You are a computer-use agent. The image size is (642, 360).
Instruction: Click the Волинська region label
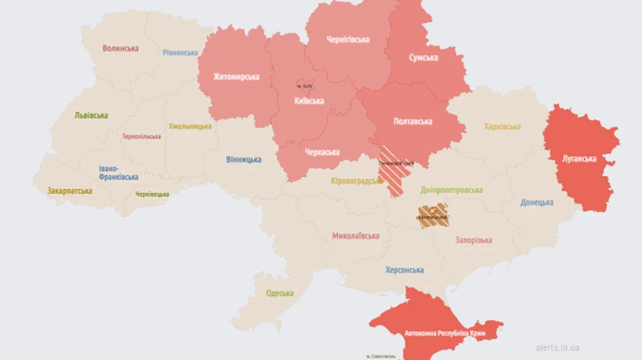pos(121,48)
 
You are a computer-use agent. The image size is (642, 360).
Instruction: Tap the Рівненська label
pos(180,53)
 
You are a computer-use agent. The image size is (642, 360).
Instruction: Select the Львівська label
pos(91,115)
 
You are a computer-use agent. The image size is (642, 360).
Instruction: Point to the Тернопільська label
pos(142,136)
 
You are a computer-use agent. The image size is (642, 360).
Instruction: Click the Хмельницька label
pos(190,126)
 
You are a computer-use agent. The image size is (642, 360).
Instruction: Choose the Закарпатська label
pos(69,191)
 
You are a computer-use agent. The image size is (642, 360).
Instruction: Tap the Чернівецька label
pos(153,194)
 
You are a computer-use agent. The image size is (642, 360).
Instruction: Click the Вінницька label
pos(243,159)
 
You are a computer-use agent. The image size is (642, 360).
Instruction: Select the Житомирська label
pos(236,77)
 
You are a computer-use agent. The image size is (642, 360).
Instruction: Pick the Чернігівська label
pos(347,40)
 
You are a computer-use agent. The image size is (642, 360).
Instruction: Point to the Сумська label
pos(424,58)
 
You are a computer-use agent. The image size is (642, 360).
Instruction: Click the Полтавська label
pos(412,121)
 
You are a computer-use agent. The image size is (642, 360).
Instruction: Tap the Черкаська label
pos(322,152)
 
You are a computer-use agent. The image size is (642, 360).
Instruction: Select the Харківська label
pos(502,127)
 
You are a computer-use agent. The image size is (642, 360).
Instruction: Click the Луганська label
pos(579,158)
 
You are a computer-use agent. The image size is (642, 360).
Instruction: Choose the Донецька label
pos(536,202)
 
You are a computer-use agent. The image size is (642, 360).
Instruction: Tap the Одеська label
pos(280,293)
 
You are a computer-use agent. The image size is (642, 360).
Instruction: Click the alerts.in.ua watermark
pos(557,348)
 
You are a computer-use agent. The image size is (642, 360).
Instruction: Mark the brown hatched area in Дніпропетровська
pos(433,214)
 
